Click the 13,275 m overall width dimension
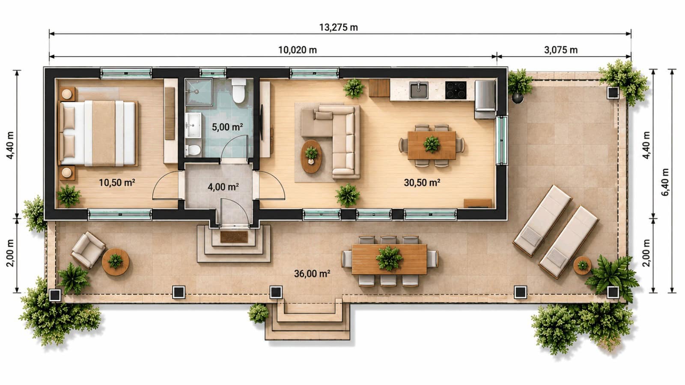(339, 27)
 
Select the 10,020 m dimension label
(297, 50)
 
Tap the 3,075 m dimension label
(560, 50)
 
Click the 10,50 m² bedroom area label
(117, 183)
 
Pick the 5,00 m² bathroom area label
(227, 127)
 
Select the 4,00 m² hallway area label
(223, 187)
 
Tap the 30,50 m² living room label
(422, 183)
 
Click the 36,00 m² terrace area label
(312, 273)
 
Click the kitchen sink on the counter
(419, 90)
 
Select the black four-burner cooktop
(456, 90)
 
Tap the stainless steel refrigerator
(485, 99)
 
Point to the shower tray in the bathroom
(199, 92)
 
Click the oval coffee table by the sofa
(311, 157)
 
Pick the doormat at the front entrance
(234, 237)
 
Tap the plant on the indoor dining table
(432, 144)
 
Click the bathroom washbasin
(193, 124)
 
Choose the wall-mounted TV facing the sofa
(262, 122)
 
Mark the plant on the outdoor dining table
(389, 258)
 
